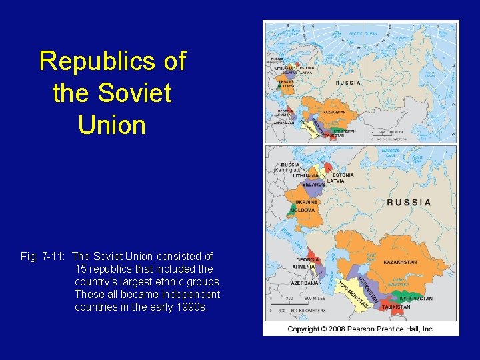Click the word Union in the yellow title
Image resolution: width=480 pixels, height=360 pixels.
click(x=112, y=125)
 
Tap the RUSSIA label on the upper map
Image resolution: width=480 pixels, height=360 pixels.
click(x=349, y=83)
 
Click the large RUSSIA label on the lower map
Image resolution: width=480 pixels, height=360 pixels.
click(x=409, y=202)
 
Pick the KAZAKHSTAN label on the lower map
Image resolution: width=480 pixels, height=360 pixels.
click(x=400, y=262)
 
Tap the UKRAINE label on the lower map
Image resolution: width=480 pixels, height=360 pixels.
click(x=306, y=201)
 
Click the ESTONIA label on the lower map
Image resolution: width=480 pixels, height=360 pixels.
click(x=343, y=175)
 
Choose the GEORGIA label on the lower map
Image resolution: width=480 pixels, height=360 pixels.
click(x=307, y=259)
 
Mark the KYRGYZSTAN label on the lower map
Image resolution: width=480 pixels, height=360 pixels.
click(x=417, y=299)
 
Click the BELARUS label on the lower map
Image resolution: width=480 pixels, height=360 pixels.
click(x=313, y=184)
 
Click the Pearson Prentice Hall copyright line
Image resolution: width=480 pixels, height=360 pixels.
click(x=361, y=329)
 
